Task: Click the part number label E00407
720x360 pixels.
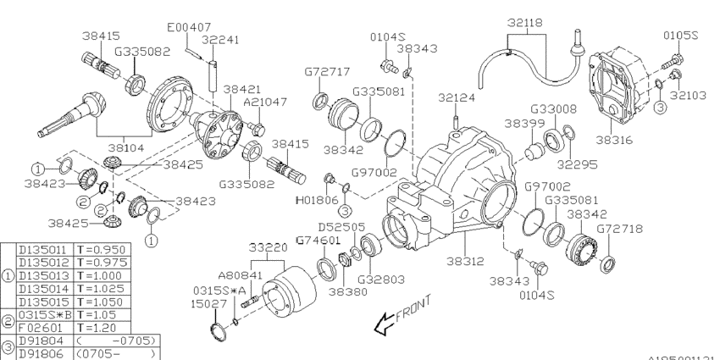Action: (x=188, y=27)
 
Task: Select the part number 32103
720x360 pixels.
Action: (x=689, y=96)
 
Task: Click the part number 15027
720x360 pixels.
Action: (x=206, y=302)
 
